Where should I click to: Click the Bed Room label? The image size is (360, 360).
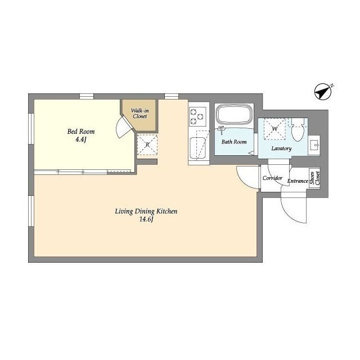[x=81, y=132]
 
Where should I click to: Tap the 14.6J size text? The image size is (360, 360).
[x=146, y=219]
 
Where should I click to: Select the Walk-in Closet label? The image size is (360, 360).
[x=140, y=114]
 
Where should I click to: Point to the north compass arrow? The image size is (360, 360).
[x=323, y=91]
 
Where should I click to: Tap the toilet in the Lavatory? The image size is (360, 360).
[x=298, y=130]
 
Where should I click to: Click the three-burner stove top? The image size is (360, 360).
[x=197, y=116]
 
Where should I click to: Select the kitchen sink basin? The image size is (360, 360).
[x=197, y=148]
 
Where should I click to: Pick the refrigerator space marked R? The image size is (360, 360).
[x=147, y=145]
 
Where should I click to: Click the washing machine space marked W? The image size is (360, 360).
[x=274, y=129]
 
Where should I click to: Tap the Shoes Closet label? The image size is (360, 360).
[x=314, y=178]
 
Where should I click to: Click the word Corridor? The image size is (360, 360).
[x=272, y=178]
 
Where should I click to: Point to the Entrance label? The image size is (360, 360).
[x=298, y=181]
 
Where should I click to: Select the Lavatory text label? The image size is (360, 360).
[x=281, y=148]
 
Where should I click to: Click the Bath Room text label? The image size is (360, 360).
[x=234, y=142]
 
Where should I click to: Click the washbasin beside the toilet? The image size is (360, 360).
[x=314, y=146]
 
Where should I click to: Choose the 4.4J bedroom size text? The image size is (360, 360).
[x=81, y=140]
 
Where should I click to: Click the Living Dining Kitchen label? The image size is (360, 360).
[x=146, y=211]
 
